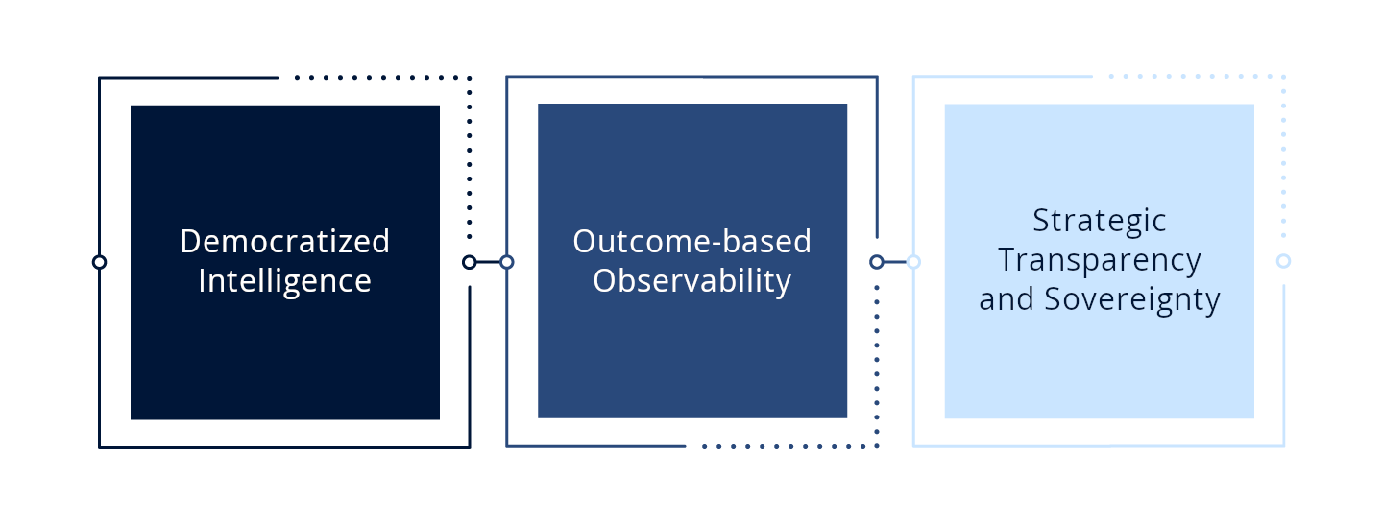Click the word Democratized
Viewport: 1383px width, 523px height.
[284, 241]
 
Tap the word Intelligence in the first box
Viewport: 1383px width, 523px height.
[284, 281]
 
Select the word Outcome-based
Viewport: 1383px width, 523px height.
[691, 241]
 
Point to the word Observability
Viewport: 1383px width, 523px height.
[691, 281]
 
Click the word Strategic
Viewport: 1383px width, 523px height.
[1099, 221]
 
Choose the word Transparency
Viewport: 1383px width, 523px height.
[1099, 260]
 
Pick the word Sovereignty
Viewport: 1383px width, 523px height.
[1132, 299]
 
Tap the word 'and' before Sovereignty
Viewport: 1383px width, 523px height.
[1007, 299]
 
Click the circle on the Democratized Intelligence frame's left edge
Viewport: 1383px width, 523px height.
[99, 262]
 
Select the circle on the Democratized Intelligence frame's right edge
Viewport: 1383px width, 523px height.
[469, 262]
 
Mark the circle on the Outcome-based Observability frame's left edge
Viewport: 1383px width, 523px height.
[507, 262]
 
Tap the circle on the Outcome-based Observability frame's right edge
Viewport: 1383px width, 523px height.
[876, 262]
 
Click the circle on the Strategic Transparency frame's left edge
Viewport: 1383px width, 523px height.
[913, 261]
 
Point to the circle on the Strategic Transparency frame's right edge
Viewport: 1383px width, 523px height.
[1283, 261]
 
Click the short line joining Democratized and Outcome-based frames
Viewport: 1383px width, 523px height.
[488, 262]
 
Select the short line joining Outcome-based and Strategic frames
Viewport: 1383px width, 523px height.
[895, 261]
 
